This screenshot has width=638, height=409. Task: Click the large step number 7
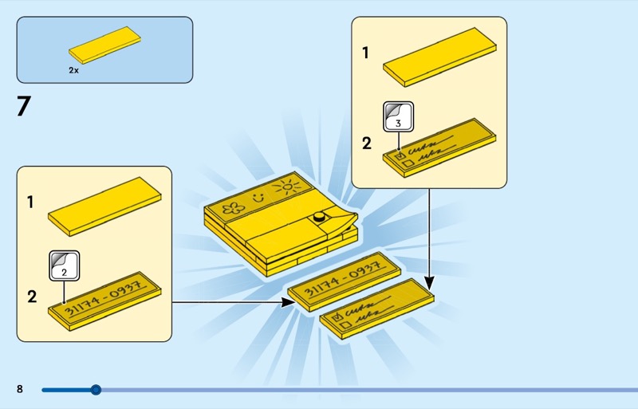[23, 107]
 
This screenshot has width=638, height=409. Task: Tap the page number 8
[20, 389]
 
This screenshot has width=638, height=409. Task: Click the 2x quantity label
[73, 70]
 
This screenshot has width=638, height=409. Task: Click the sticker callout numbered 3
[399, 117]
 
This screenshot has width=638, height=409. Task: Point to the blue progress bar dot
[96, 390]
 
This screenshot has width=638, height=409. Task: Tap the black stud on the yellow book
[320, 216]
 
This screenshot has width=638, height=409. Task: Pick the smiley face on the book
[257, 196]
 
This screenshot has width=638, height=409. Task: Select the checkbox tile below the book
[376, 309]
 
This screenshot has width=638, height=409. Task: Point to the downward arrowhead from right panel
[430, 284]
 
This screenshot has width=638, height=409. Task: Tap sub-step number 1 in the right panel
[366, 53]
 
